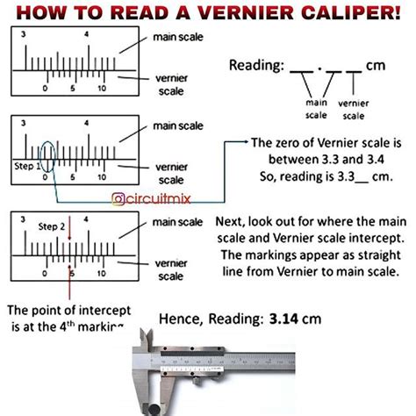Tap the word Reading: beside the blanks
pyautogui.click(x=255, y=66)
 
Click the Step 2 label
pyautogui.click(x=54, y=226)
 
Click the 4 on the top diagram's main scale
pyautogui.click(x=87, y=36)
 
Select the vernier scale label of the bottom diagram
pyautogui.click(x=175, y=268)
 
